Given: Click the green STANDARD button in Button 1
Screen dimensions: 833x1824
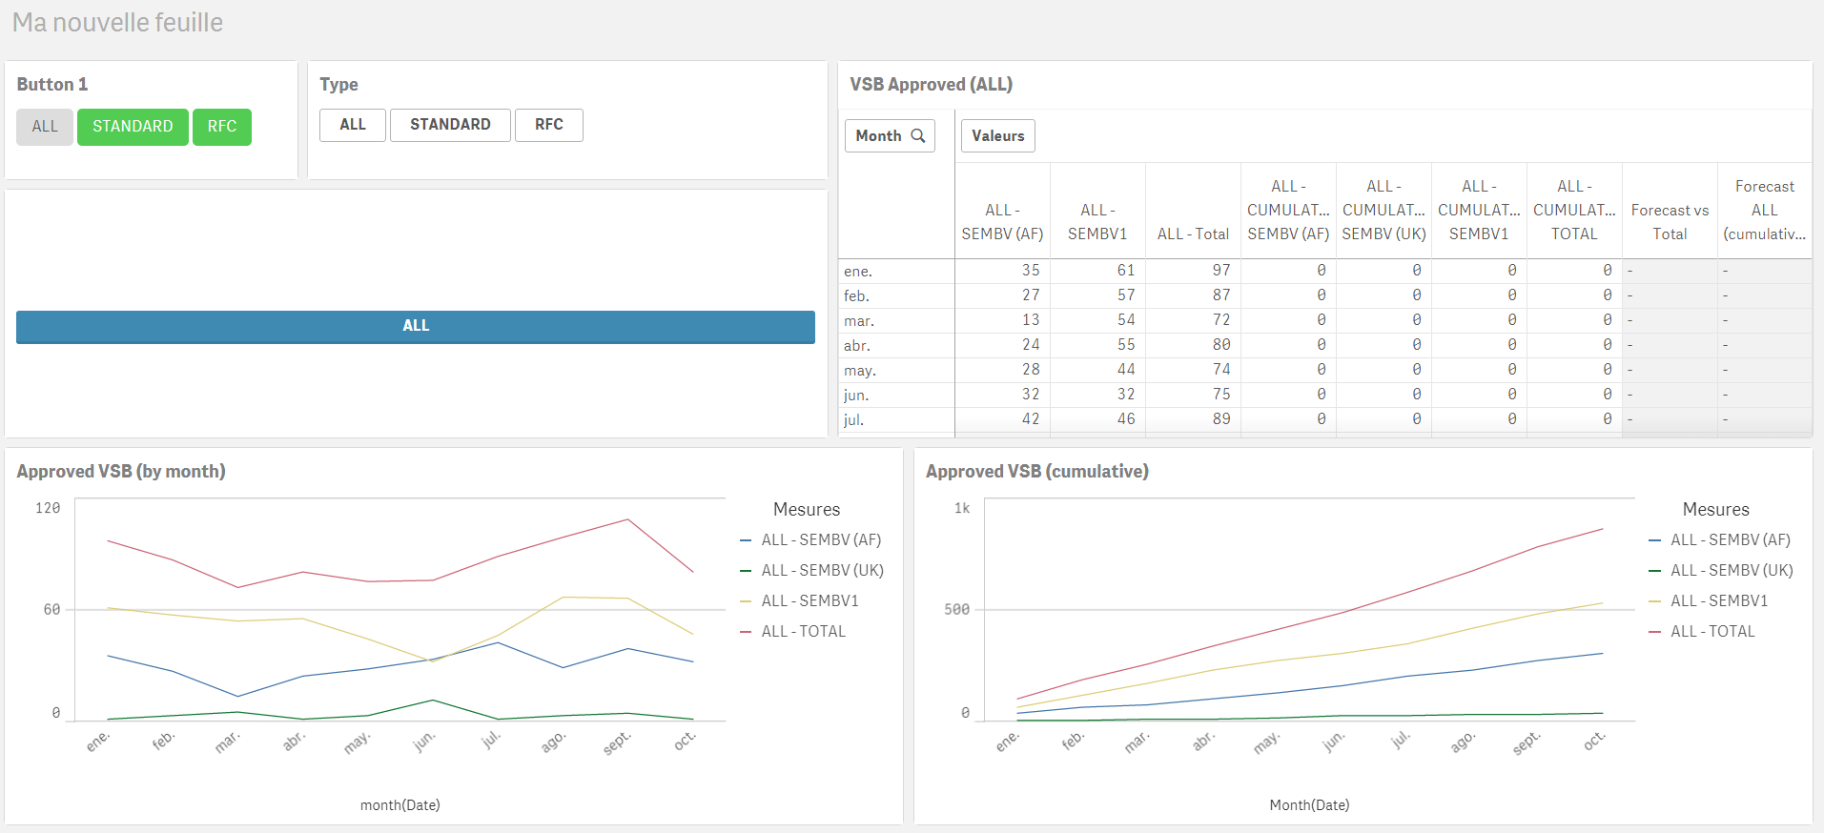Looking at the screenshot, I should point(133,127).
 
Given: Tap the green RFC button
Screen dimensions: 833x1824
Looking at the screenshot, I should point(221,127).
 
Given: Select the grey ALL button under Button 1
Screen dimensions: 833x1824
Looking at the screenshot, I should point(45,127).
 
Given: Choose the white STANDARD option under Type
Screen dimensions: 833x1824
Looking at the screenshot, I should point(450,125).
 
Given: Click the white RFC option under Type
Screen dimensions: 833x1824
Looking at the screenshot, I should point(548,125).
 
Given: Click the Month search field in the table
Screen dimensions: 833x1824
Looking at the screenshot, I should point(890,135).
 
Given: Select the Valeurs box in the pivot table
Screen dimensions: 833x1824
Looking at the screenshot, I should point(997,135).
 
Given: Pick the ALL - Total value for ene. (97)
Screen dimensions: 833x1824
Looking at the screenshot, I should point(1220,271).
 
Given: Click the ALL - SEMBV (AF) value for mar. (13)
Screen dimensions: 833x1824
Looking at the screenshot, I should point(1030,320).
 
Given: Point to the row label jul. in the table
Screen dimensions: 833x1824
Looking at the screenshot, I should point(853,419).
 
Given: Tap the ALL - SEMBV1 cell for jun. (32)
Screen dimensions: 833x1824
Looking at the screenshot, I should point(1125,395).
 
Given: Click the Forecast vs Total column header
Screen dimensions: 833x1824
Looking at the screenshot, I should point(1670,222).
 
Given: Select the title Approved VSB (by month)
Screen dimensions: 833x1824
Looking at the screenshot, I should point(121,471).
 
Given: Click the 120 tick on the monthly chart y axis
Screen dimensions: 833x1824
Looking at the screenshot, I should point(48,508).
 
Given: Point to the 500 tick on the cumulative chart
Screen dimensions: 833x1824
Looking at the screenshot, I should point(956,609).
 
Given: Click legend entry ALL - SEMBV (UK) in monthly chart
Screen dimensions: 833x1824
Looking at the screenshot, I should point(822,570).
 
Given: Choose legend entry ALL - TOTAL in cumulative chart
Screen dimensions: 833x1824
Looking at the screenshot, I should point(1711,631).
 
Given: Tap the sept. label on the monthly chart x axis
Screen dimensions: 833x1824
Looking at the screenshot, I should point(617,742).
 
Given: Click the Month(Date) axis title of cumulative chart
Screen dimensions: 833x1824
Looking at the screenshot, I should point(1309,805).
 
